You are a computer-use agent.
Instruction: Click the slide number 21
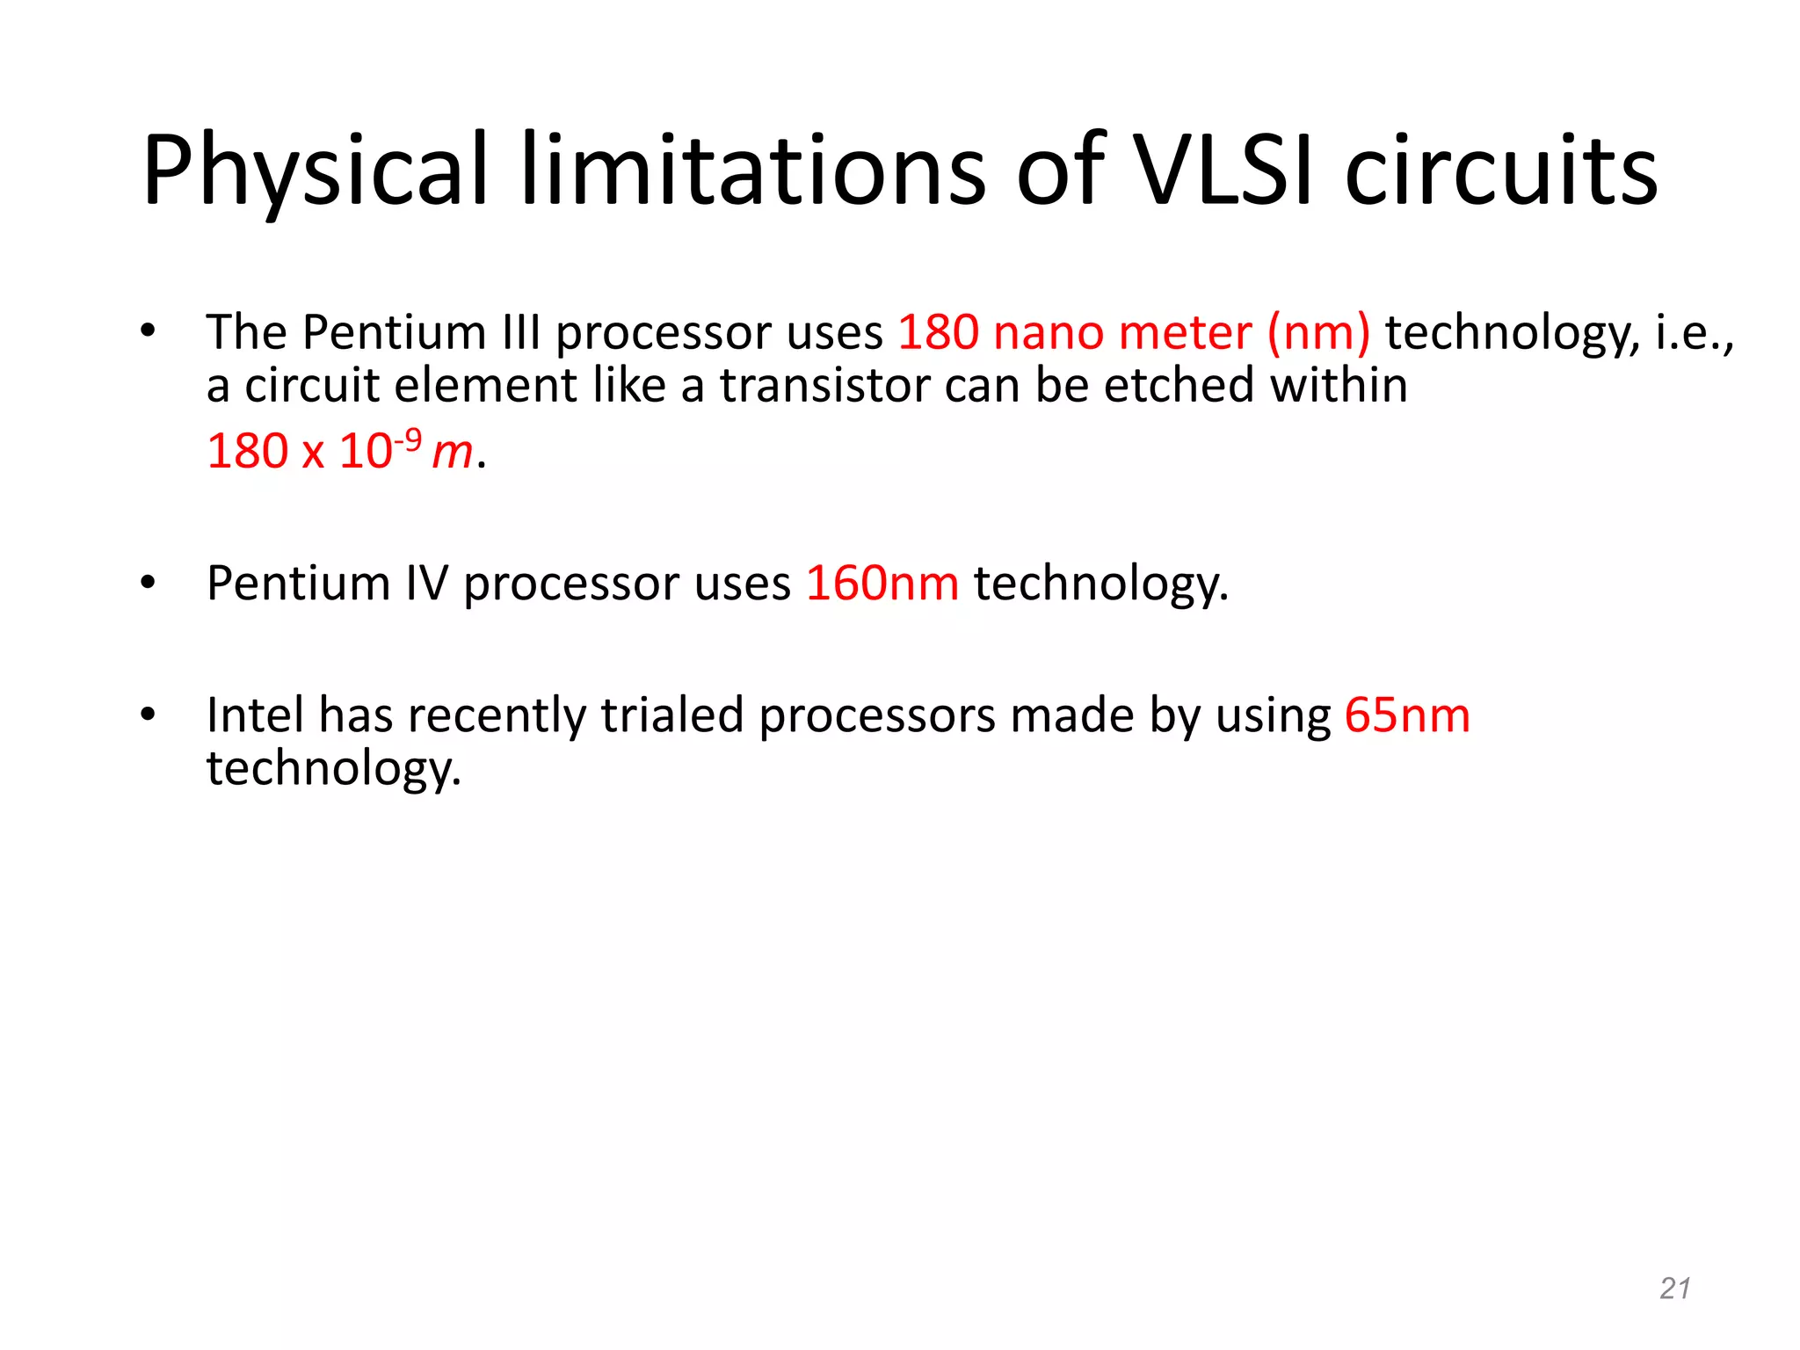tap(1674, 1288)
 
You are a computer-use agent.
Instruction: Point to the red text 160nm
tap(882, 583)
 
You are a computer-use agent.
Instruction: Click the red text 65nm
tap(1407, 715)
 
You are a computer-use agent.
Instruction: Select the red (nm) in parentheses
tap(1318, 333)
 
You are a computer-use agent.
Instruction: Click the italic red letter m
tap(453, 453)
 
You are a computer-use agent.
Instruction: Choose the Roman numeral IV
tap(426, 583)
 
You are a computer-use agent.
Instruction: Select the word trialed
tap(672, 715)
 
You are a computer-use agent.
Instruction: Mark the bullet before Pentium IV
tap(147, 583)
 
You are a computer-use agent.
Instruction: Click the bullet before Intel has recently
tap(147, 715)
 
